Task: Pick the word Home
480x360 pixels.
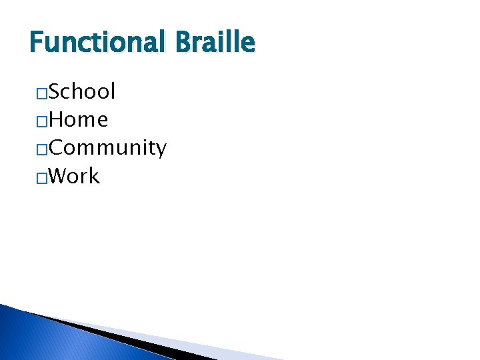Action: [x=78, y=120]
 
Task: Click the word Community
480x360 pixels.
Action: [x=107, y=149]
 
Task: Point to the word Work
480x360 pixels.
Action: [x=74, y=177]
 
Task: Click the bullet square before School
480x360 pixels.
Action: [x=41, y=93]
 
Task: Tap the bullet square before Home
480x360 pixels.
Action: [x=41, y=121]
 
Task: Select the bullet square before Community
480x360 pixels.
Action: [x=41, y=149]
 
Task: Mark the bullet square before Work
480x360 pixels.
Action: [x=41, y=178]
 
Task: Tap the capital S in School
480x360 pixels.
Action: [x=55, y=91]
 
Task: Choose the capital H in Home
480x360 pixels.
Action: [x=57, y=120]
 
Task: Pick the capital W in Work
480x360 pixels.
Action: [x=59, y=177]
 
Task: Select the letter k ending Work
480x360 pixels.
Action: [x=94, y=177]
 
